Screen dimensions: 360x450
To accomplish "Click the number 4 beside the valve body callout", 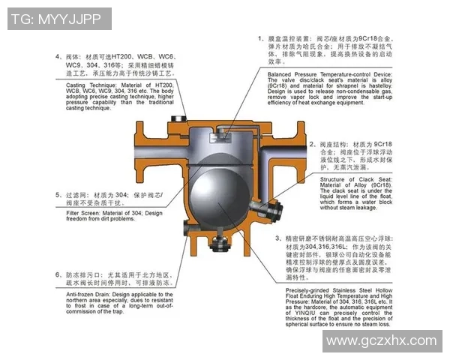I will [58, 57].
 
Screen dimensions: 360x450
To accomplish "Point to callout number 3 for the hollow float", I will [277, 238].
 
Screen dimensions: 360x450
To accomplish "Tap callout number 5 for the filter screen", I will [58, 194].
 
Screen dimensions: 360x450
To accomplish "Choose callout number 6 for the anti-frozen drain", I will [58, 274].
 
